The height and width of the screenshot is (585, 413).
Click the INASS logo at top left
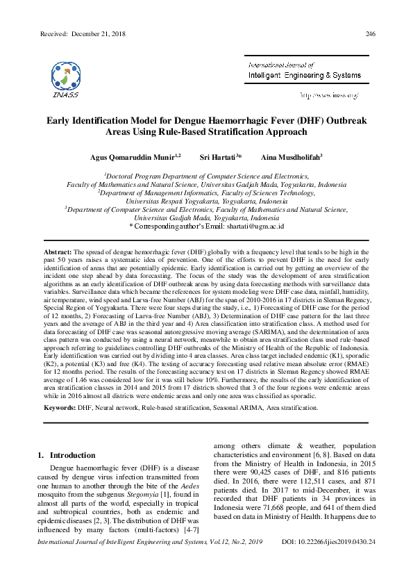pos(64,79)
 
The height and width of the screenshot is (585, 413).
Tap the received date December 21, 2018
pos(101,34)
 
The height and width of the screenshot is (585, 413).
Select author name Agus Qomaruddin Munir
pos(133,158)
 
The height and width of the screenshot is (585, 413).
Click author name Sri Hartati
pos(217,158)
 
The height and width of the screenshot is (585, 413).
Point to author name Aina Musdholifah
pos(289,158)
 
